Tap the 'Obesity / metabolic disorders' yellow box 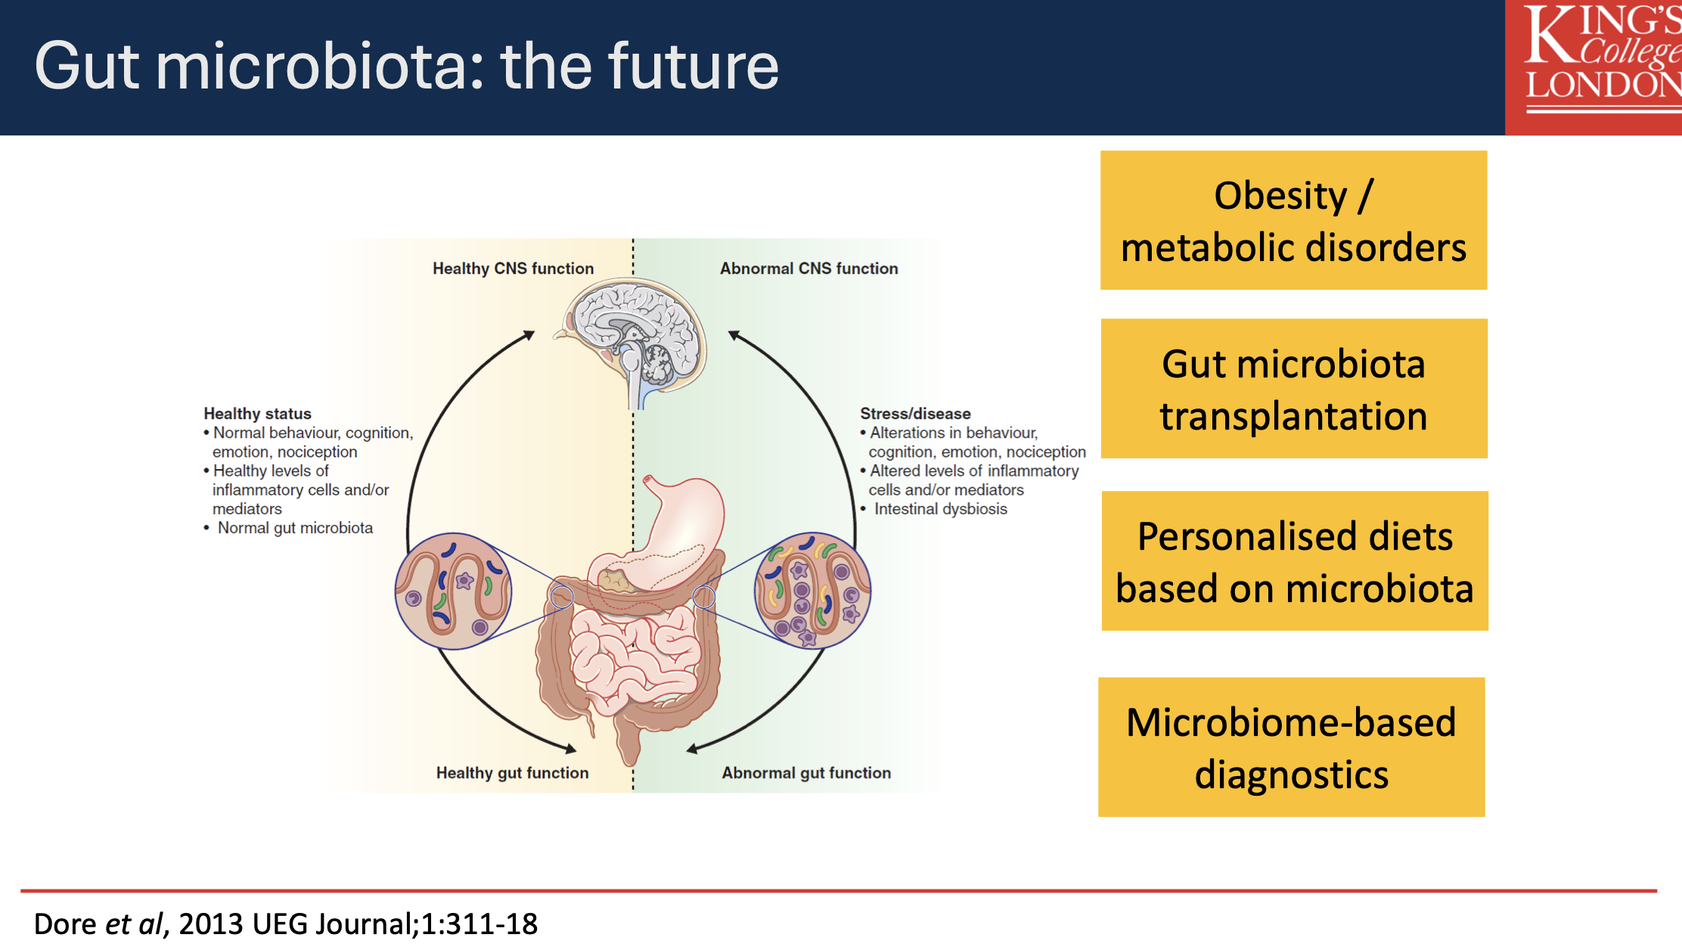tap(1293, 220)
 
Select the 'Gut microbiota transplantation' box tap(1293, 389)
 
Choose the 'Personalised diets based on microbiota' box tap(1294, 561)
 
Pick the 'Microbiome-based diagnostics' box tap(1291, 747)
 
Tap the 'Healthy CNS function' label tap(513, 269)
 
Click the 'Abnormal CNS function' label tap(808, 269)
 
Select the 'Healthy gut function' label tap(512, 773)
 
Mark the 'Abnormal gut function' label tap(806, 773)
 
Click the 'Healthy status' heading tap(257, 414)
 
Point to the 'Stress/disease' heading tap(915, 414)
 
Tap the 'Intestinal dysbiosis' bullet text tap(940, 509)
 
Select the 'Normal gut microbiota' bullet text tap(295, 528)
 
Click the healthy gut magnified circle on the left tap(454, 591)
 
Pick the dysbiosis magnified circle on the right tap(813, 591)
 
